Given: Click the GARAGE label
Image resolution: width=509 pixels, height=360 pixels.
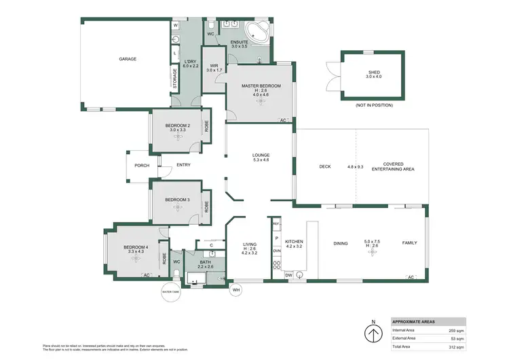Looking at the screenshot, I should pos(128,59).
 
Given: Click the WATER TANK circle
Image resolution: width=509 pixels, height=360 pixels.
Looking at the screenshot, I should pos(170,292).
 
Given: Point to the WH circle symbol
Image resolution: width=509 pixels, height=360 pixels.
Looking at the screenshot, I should pos(236,291).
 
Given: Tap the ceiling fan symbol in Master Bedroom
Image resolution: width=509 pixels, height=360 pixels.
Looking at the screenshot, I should pos(261,100).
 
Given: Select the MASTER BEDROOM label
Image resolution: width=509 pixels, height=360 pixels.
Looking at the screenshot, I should pos(261,86).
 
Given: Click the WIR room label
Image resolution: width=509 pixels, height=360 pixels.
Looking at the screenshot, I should pos(214,66).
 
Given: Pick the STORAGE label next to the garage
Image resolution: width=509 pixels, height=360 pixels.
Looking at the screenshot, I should pos(175,77).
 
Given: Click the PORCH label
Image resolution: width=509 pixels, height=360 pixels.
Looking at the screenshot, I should pos(142,165).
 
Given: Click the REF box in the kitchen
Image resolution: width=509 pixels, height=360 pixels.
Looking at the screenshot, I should pos(276,223).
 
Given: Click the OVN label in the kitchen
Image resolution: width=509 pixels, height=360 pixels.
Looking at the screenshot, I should pos(276,251).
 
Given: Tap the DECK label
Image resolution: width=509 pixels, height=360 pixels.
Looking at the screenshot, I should pos(325,166).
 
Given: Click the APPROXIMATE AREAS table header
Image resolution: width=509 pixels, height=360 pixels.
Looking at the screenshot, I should pos(413,322).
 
